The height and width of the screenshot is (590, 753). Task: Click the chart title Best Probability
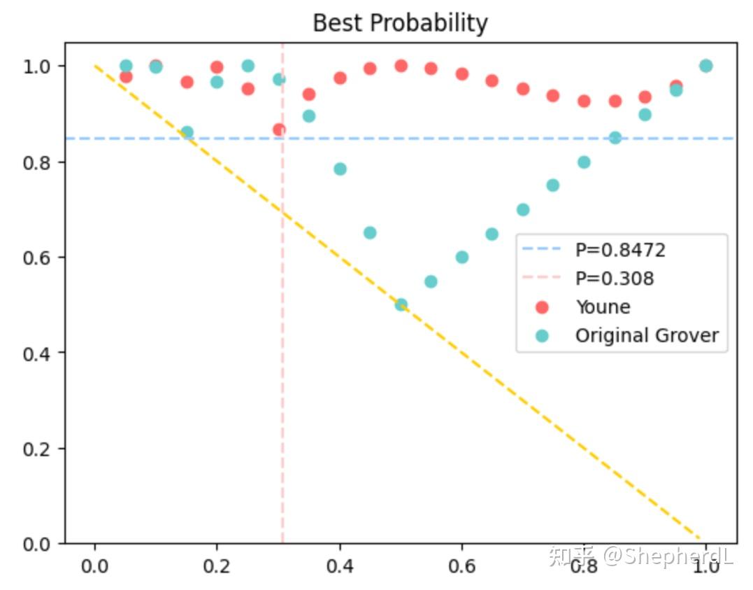399,23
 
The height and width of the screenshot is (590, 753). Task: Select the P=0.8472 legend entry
620,250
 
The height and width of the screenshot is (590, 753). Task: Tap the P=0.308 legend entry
615,279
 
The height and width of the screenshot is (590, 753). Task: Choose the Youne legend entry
603,307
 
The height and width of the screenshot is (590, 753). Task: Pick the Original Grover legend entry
647,336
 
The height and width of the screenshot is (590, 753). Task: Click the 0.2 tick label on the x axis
217,566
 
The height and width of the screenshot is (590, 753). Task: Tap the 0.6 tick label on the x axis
461,566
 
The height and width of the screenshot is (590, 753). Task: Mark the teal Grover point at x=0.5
401,304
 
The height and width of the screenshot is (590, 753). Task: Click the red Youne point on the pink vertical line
279,129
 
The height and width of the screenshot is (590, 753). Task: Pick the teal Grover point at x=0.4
340,169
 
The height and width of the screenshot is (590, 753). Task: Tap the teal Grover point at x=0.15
187,132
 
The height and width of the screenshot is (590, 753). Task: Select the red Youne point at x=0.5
401,66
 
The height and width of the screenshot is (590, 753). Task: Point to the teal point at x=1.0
705,66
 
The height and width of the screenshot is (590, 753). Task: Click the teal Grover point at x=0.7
523,209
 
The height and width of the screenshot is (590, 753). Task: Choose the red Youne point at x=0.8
584,101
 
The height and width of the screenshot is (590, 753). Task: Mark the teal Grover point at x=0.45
370,232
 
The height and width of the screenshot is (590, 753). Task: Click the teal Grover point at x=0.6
461,257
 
